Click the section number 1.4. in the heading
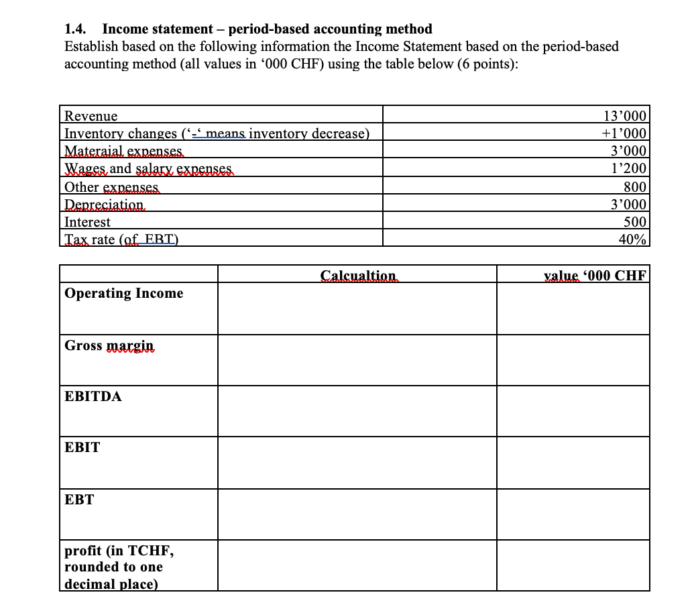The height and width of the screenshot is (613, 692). [78, 29]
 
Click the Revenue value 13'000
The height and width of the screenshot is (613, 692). [626, 116]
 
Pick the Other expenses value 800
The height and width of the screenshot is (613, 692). [634, 186]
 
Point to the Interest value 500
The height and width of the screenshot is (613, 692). [634, 222]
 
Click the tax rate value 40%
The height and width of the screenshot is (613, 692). [632, 239]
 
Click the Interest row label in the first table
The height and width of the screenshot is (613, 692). [87, 222]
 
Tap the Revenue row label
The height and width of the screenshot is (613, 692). [91, 116]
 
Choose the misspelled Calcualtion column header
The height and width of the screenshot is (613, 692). [357, 275]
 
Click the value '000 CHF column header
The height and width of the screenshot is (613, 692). [594, 275]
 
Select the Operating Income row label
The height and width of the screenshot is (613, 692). [123, 293]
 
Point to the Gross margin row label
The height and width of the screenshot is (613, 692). [109, 345]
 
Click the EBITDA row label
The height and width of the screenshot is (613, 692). [93, 396]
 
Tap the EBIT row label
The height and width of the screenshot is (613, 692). [82, 447]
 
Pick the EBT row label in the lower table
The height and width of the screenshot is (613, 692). [79, 500]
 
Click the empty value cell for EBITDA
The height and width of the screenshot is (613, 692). [573, 410]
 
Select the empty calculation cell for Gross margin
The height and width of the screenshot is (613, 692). [357, 359]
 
